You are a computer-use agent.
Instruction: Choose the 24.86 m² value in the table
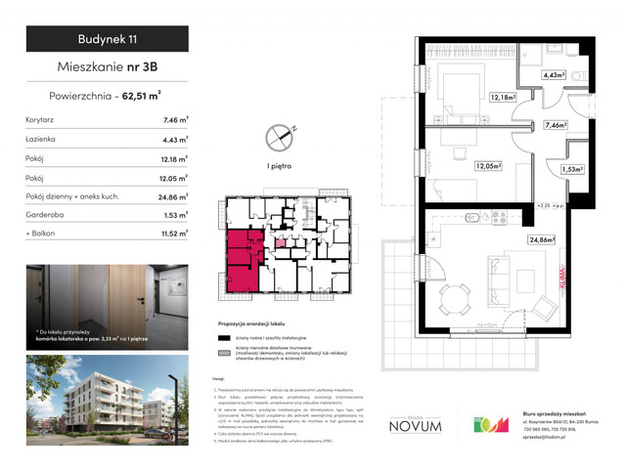(176, 197)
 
